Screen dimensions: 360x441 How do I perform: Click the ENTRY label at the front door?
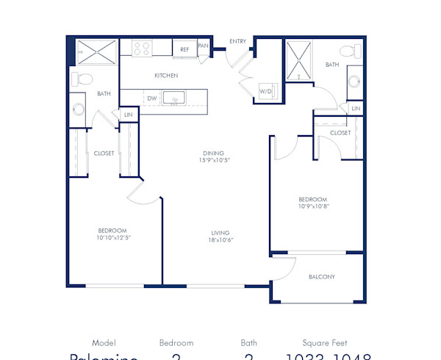point(237,41)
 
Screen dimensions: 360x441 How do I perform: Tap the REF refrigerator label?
point(184,49)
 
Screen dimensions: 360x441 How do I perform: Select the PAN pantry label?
point(203,45)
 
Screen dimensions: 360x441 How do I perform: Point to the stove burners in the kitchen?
point(141,48)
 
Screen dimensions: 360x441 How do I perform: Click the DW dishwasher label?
point(151,98)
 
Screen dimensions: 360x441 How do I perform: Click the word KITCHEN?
point(166,76)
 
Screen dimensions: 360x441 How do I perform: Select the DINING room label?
point(213,154)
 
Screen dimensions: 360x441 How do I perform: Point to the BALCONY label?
point(321,277)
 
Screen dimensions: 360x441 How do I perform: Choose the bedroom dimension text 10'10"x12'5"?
point(112,238)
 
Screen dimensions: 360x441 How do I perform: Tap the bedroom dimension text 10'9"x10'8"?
point(312,207)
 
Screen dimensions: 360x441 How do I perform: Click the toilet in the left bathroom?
point(82,78)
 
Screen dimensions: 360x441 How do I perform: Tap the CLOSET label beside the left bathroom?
point(104,154)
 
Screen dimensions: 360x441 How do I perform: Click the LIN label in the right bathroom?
point(356,109)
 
